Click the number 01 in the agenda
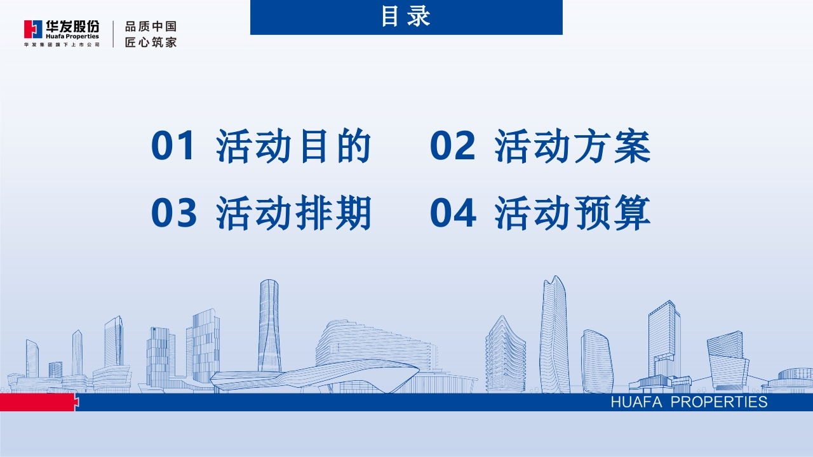[172, 145]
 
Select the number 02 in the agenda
[452, 145]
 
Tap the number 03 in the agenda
[174, 213]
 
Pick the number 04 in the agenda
[453, 213]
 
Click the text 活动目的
[293, 146]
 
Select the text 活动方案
[572, 146]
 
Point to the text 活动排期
[293, 213]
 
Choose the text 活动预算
[572, 213]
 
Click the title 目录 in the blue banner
[406, 17]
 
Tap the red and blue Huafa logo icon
[33, 29]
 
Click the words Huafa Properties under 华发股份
[72, 36]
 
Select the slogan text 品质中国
[151, 27]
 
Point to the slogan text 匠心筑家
[151, 42]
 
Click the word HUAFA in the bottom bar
[636, 402]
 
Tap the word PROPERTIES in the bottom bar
[718, 402]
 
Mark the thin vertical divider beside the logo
[113, 34]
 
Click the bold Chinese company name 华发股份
[72, 27]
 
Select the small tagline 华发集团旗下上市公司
[62, 44]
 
